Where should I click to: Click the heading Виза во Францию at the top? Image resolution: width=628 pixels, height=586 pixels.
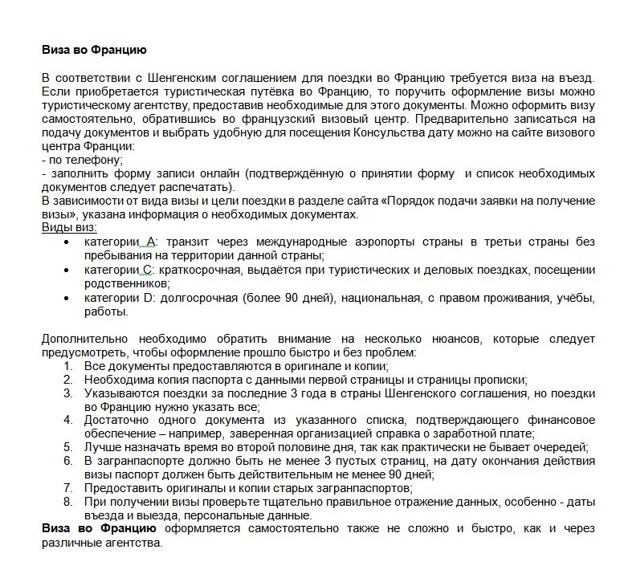[x=94, y=50]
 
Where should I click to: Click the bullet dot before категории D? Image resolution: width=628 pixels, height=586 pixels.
[x=67, y=299]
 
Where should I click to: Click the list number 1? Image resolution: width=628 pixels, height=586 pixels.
[x=68, y=366]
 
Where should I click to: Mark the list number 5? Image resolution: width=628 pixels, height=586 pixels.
[x=68, y=447]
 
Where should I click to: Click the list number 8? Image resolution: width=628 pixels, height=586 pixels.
[x=68, y=502]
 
